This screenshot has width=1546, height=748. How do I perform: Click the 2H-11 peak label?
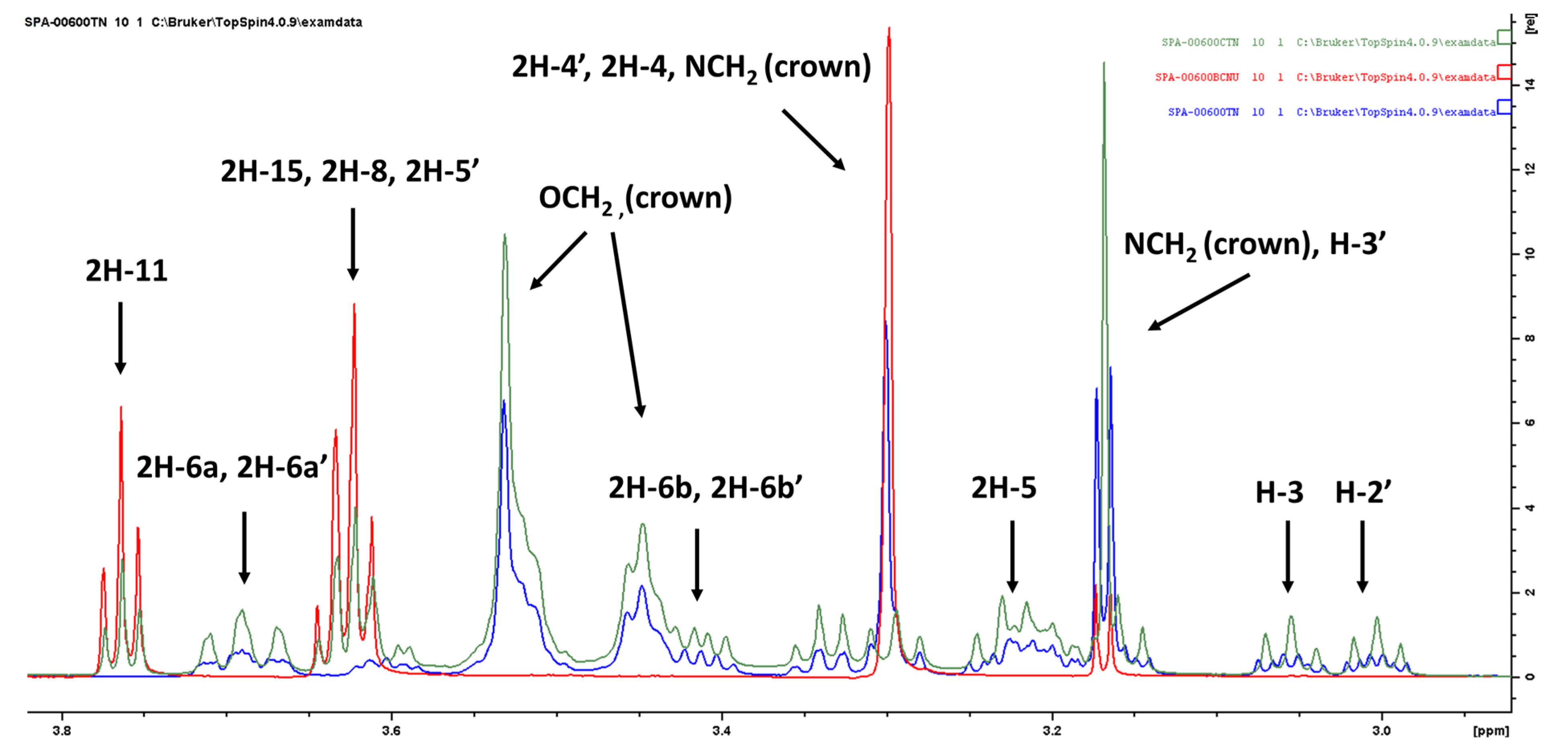click(x=126, y=271)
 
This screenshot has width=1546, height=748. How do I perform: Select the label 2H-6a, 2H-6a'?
click(x=231, y=467)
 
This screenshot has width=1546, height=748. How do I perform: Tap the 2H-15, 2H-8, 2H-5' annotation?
click(x=350, y=171)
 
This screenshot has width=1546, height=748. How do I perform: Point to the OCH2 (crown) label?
click(x=635, y=198)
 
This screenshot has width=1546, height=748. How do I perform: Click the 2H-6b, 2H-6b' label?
click(x=705, y=488)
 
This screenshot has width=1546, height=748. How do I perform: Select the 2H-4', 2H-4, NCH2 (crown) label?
click(x=691, y=67)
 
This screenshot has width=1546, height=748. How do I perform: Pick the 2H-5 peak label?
click(x=1003, y=488)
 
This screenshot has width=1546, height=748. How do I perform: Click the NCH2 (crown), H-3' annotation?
click(x=1254, y=245)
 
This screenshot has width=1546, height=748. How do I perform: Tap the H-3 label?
click(x=1279, y=493)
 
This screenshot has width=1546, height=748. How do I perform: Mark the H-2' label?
click(x=1362, y=493)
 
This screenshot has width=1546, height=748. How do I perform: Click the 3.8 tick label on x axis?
click(x=62, y=731)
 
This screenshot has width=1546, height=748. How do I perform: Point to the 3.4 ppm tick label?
click(x=721, y=731)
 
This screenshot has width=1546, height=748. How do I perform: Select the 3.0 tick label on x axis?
click(x=1382, y=731)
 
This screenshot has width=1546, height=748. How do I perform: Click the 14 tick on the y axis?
click(x=1530, y=85)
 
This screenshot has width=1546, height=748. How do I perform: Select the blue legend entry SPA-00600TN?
click(x=1203, y=112)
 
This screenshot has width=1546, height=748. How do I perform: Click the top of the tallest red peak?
click(x=889, y=28)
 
